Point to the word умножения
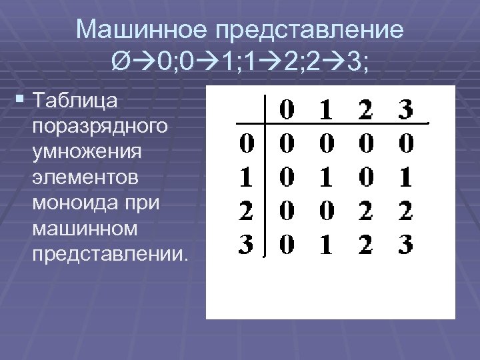point(87,151)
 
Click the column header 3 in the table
point(404,110)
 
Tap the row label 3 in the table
point(246,245)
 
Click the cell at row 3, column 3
point(404,245)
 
